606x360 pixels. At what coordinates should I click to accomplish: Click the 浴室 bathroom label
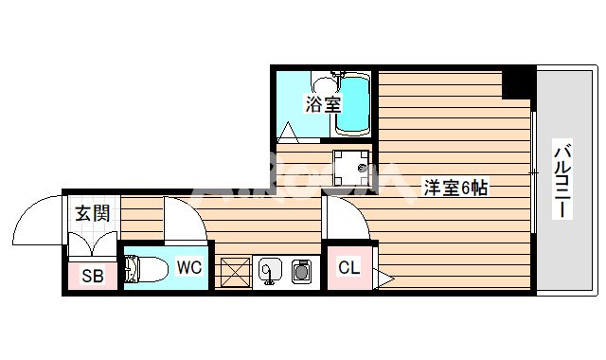323,104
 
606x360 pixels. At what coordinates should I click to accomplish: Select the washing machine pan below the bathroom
352,168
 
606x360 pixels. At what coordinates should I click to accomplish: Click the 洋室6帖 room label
455,188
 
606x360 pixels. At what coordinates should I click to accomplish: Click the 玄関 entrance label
93,213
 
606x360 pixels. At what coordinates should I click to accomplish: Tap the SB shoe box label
92,277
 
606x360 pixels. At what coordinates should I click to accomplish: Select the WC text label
189,267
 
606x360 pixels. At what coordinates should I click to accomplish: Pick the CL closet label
348,268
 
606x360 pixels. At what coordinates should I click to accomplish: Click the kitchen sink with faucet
269,272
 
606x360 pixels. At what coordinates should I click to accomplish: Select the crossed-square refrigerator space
234,273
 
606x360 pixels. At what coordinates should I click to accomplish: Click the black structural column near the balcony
518,82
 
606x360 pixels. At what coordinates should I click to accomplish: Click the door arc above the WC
183,220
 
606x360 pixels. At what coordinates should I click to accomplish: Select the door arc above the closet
344,219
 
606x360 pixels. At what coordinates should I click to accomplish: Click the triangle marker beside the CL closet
383,278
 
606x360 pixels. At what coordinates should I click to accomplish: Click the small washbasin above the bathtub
332,78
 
